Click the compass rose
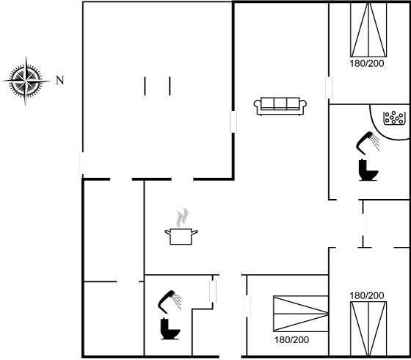click(x=26, y=81)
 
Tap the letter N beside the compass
click(x=60, y=80)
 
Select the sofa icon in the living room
click(x=280, y=107)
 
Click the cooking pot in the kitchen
click(x=181, y=236)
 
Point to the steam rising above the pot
click(x=183, y=217)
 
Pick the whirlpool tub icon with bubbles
click(x=394, y=118)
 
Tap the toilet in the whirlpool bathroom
click(x=368, y=170)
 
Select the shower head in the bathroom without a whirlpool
click(x=170, y=302)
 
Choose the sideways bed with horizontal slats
click(x=301, y=314)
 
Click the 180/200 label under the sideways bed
click(x=291, y=340)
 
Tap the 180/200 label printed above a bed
click(x=367, y=295)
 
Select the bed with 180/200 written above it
click(x=368, y=329)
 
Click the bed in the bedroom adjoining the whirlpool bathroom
click(x=368, y=29)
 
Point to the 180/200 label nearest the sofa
click(x=367, y=63)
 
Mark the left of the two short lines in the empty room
click(x=145, y=86)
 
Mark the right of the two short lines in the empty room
click(x=170, y=86)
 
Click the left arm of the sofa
click(x=258, y=105)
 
